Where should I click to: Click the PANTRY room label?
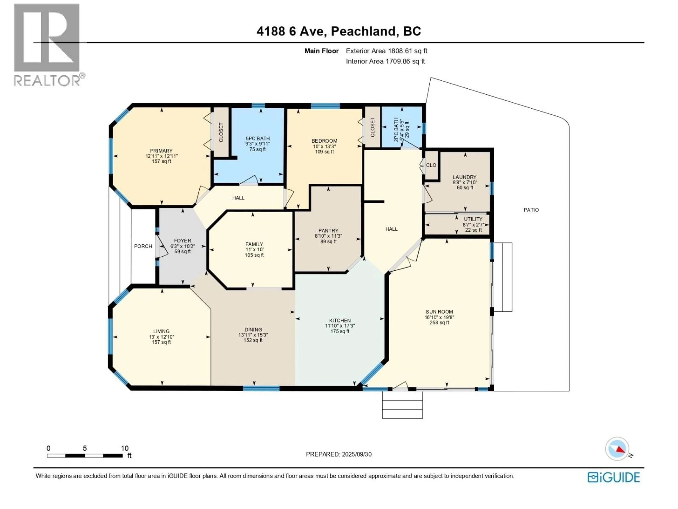click(328, 230)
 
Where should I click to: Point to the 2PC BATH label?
click(396, 129)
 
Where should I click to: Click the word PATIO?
click(531, 210)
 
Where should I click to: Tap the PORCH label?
click(143, 246)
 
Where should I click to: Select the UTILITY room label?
click(473, 219)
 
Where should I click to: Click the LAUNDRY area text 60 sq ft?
click(465, 188)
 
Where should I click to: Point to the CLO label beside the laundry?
click(431, 165)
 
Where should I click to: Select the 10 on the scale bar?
click(124, 448)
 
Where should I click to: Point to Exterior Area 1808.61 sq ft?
click(386, 51)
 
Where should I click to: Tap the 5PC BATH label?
click(257, 138)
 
